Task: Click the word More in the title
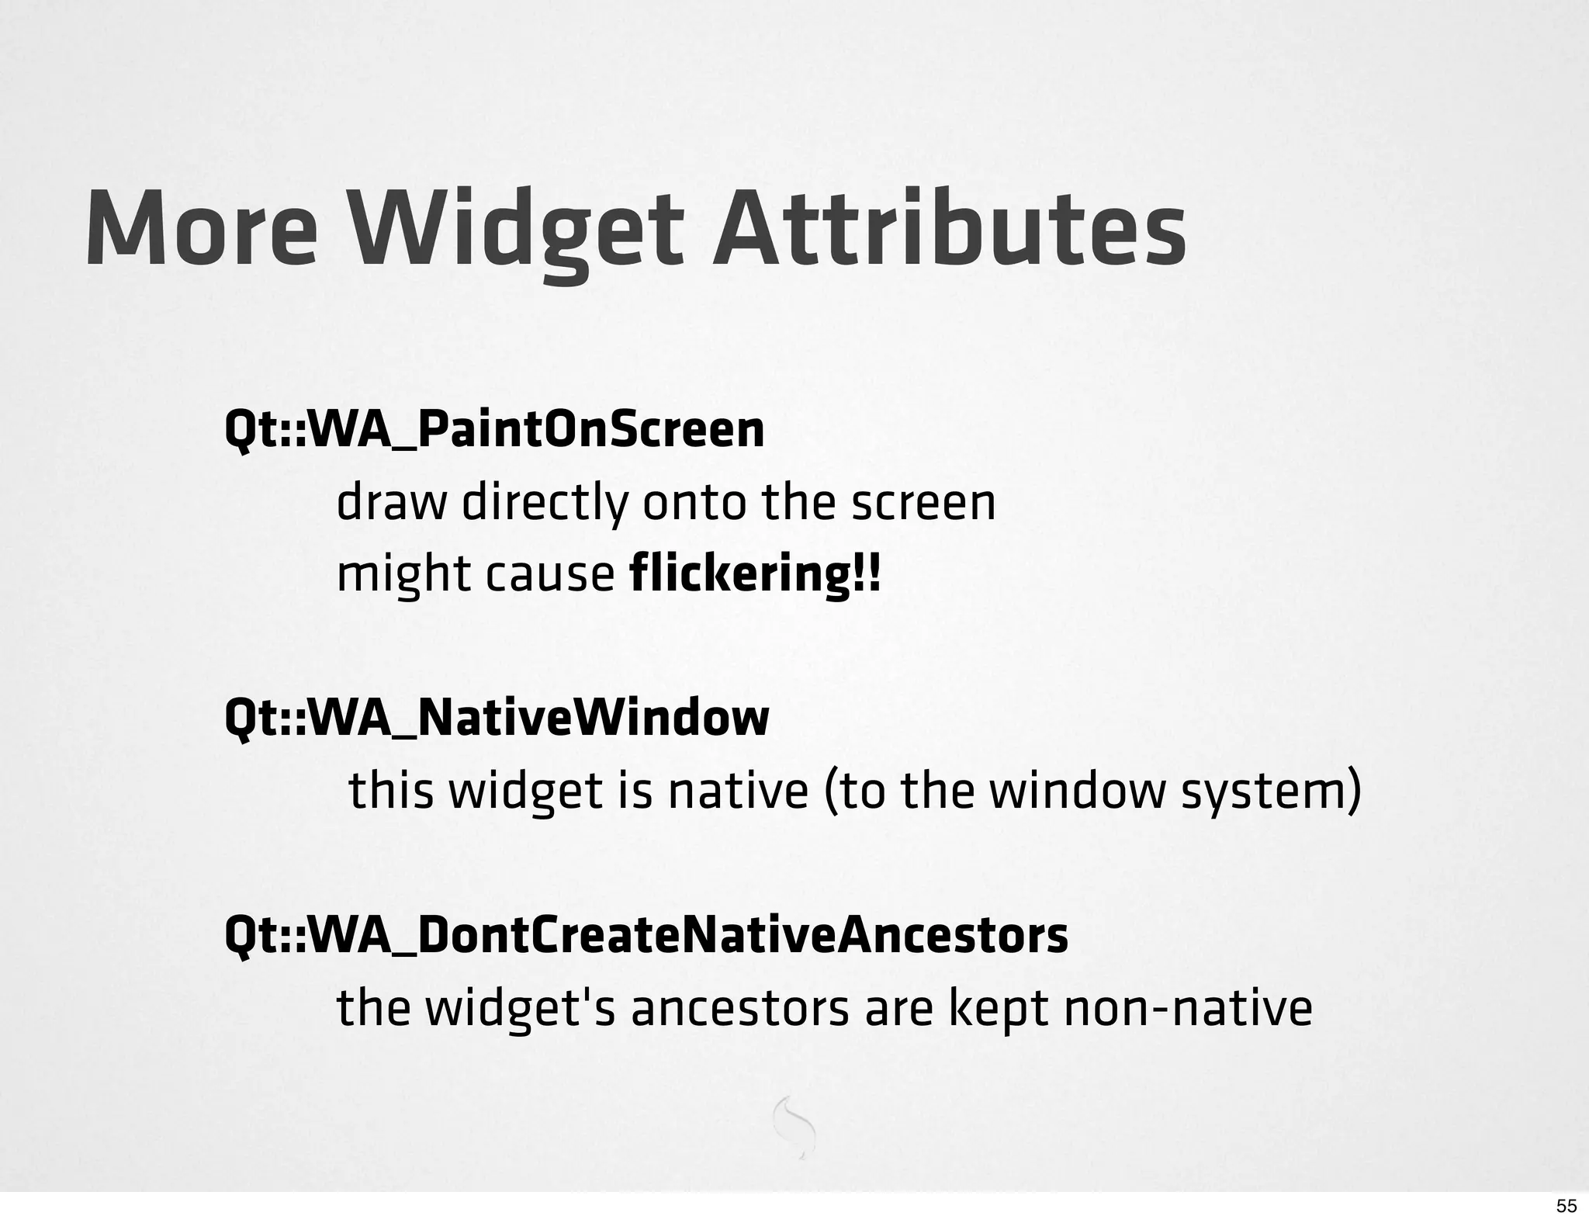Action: [201, 229]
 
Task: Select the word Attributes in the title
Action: [949, 229]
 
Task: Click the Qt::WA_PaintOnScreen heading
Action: [494, 430]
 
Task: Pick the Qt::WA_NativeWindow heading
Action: [497, 718]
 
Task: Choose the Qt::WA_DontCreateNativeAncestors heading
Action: [646, 935]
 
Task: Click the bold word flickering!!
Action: [756, 575]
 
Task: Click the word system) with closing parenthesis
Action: [1270, 792]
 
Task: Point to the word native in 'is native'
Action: [738, 791]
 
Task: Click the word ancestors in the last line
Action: [739, 1009]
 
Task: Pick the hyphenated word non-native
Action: [1187, 1008]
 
